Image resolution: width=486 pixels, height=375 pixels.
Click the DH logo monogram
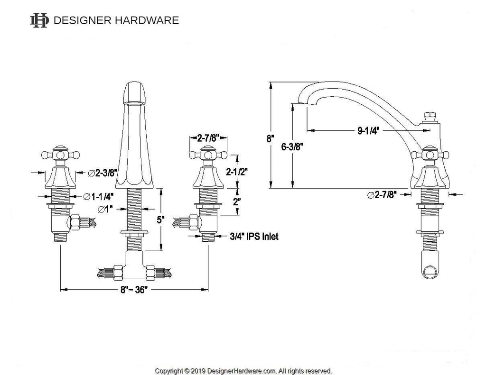click(39, 20)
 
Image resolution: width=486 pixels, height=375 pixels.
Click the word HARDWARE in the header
click(147, 20)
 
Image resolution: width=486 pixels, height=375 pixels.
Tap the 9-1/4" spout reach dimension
click(368, 130)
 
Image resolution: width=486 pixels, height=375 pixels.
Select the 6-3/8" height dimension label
click(292, 146)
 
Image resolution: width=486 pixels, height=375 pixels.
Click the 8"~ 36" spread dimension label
click(134, 290)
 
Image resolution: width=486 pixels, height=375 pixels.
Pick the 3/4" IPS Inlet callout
click(254, 237)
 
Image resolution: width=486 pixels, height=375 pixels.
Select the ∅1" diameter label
click(105, 210)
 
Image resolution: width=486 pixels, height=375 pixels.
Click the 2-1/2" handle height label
click(237, 172)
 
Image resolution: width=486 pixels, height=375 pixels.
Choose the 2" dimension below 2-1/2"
click(237, 202)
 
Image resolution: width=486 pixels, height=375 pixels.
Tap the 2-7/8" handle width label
click(208, 137)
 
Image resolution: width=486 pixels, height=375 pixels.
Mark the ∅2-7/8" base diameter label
click(382, 195)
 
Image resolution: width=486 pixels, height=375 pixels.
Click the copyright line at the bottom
click(243, 371)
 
